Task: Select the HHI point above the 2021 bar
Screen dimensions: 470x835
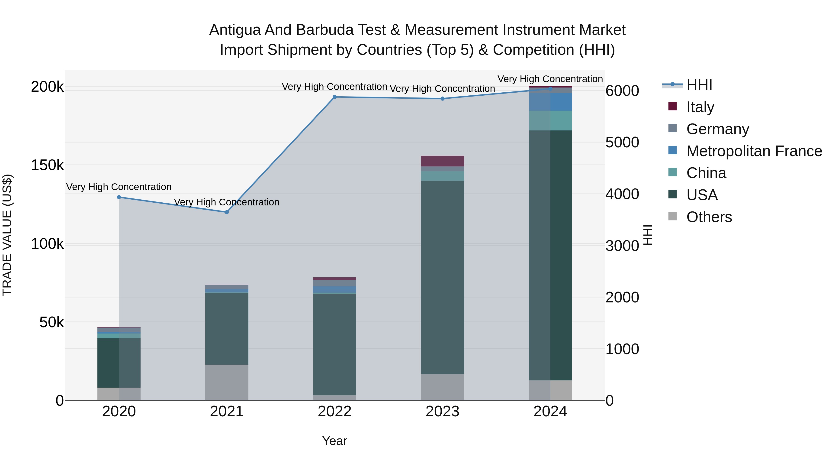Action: click(227, 212)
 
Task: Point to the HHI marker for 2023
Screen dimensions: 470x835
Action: click(443, 99)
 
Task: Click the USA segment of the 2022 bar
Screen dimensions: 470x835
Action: click(334, 344)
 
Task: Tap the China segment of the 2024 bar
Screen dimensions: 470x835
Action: click(550, 121)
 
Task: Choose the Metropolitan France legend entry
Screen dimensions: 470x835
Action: click(754, 151)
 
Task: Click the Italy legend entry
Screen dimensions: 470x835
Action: click(700, 107)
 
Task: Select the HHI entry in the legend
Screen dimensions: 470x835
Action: click(699, 85)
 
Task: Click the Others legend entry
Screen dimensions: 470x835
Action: click(709, 217)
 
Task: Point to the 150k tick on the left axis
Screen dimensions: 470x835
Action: click(47, 165)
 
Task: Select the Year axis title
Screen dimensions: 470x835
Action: click(334, 441)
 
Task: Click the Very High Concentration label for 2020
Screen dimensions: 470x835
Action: click(119, 187)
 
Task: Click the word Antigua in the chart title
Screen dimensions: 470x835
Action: click(235, 30)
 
